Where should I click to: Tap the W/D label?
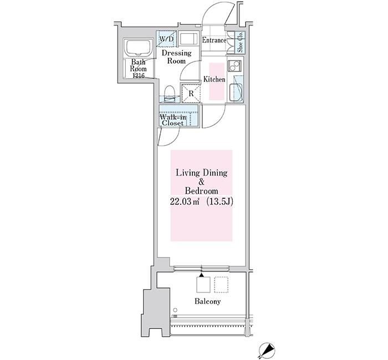pyautogui.click(x=166, y=39)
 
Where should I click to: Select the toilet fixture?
pyautogui.click(x=170, y=93)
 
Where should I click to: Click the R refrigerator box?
pyautogui.click(x=191, y=94)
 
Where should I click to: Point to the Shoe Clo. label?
pyautogui.click(x=240, y=42)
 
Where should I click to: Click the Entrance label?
pyautogui.click(x=214, y=40)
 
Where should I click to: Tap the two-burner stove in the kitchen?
pyautogui.click(x=235, y=66)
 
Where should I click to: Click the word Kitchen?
pyautogui.click(x=215, y=79)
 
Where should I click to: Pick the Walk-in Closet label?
pyautogui.click(x=173, y=120)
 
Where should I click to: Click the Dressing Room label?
pyautogui.click(x=176, y=57)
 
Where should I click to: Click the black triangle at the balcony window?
pyautogui.click(x=202, y=275)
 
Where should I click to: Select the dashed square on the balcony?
pyautogui.click(x=221, y=285)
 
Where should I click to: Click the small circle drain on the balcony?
pyautogui.click(x=175, y=310)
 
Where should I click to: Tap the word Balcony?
pyautogui.click(x=207, y=301)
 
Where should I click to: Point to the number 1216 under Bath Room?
pyautogui.click(x=139, y=76)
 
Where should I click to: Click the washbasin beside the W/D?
pyautogui.click(x=188, y=39)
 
